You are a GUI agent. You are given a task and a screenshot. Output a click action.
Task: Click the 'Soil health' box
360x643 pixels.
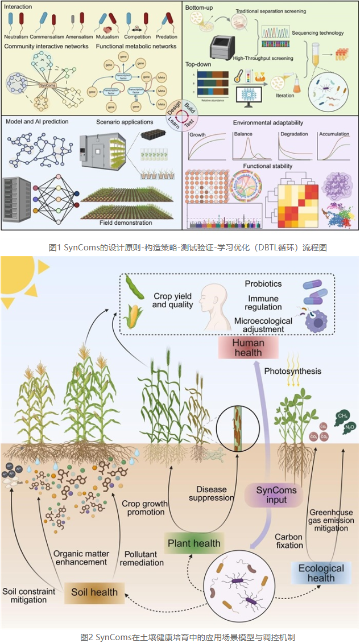[94, 592]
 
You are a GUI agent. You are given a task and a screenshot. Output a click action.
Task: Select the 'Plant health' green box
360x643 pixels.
[194, 543]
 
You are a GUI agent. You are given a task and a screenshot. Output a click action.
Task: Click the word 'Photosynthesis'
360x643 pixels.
[292, 371]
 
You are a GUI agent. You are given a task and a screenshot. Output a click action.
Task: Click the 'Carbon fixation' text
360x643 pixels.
[288, 541]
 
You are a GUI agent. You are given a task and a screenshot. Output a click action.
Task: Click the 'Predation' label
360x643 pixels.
[166, 37]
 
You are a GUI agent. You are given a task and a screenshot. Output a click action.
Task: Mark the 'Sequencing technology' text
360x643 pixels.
[318, 33]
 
